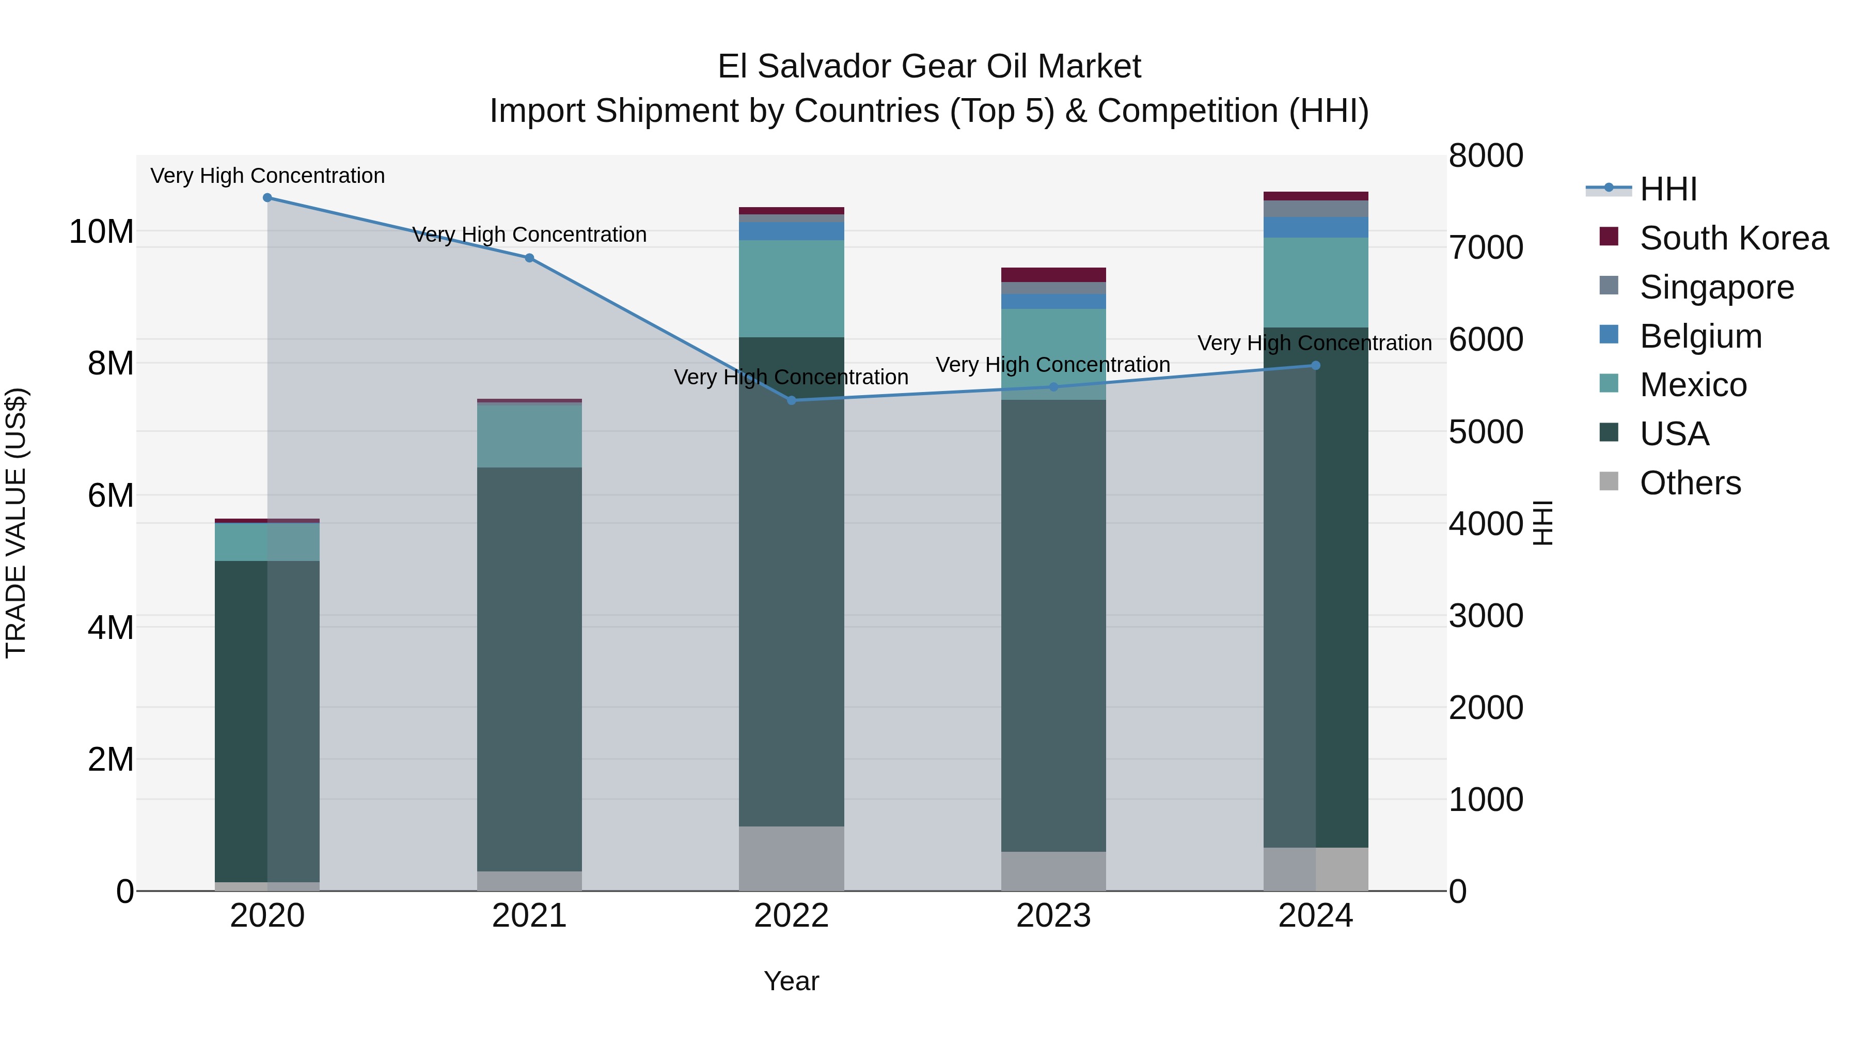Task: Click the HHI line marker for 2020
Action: point(267,197)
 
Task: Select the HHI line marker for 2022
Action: point(791,400)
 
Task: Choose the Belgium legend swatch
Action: point(1609,334)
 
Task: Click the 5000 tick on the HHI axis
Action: point(1485,432)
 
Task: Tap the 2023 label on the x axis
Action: point(1053,916)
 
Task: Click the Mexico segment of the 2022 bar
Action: point(791,288)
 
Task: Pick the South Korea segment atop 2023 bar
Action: point(1053,274)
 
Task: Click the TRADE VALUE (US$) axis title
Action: point(16,523)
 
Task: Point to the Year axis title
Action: point(791,981)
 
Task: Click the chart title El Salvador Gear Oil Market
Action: point(929,67)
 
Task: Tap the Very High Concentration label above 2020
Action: point(267,176)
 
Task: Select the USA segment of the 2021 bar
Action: point(529,668)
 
